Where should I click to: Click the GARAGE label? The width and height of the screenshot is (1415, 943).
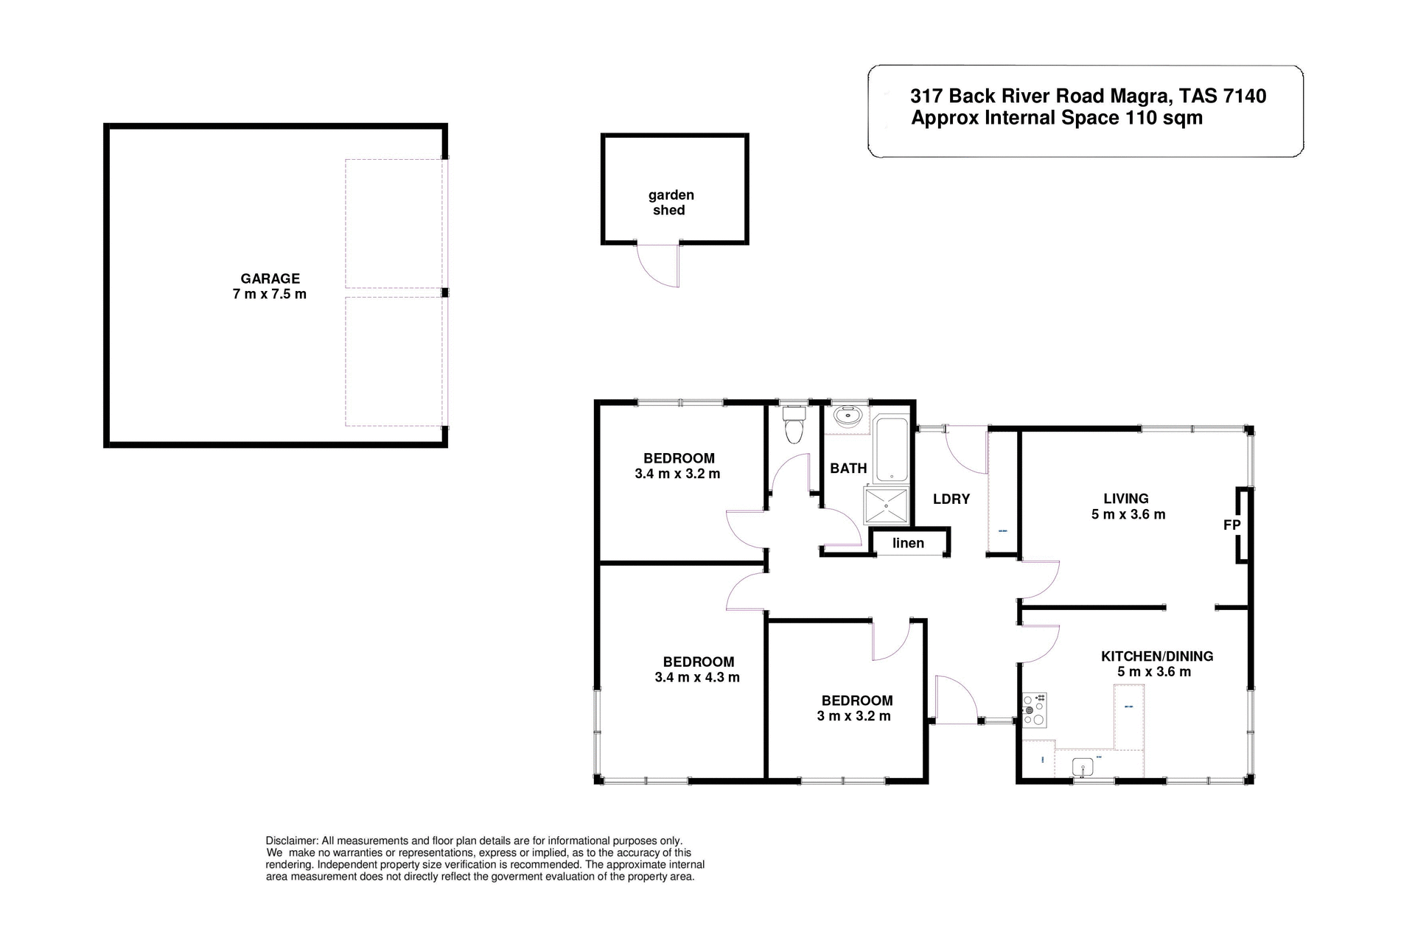point(270,278)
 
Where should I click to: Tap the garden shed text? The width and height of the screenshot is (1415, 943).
point(671,203)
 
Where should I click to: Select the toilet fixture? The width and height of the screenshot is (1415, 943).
point(794,428)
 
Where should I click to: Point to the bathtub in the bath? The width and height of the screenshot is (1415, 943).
point(892,449)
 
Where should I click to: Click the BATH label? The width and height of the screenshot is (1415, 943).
point(848,468)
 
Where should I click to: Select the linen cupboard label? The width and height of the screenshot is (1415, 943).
point(908,543)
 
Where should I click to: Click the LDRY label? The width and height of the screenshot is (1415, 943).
point(951,499)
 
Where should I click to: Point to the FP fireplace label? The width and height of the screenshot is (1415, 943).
point(1231,525)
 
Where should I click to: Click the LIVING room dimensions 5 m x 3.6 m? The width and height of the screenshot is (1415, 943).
point(1128,514)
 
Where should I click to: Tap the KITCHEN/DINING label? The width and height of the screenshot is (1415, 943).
point(1156,656)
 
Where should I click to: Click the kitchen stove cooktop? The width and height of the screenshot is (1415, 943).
point(1034,710)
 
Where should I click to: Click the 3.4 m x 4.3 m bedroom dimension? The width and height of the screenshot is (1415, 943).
point(696,677)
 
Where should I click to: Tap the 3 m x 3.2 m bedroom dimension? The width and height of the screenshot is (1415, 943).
point(853,716)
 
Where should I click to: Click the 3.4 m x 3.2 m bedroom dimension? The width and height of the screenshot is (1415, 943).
point(677,474)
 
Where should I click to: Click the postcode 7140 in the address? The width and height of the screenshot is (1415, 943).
point(1244,96)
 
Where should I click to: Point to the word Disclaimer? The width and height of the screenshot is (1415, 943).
point(292,841)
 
